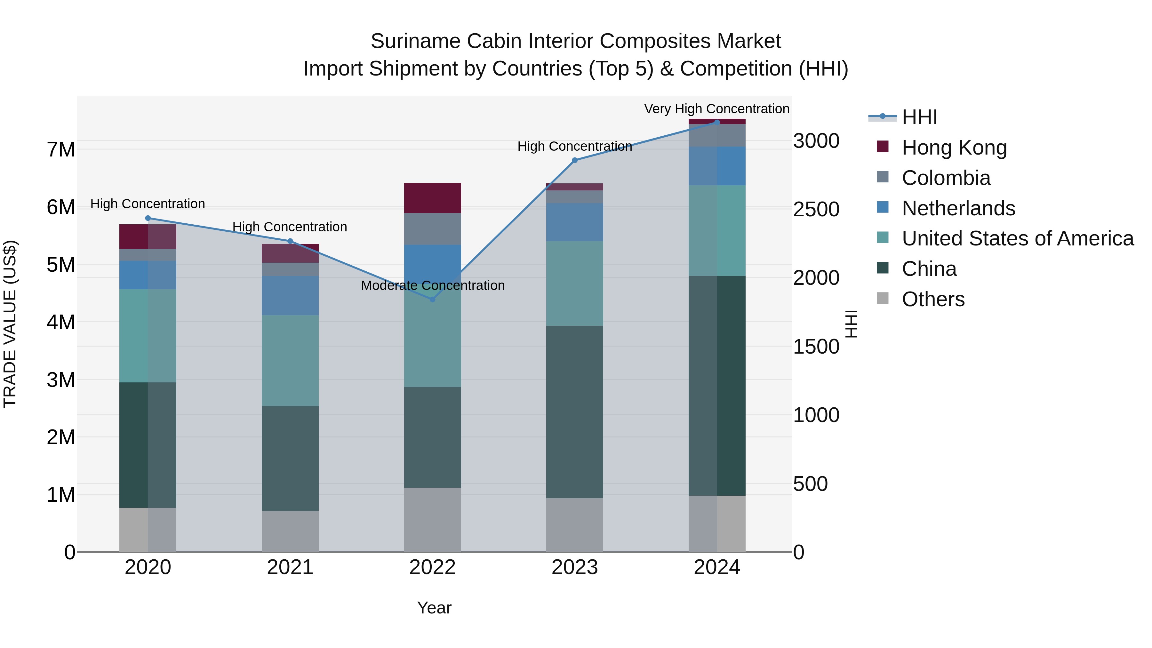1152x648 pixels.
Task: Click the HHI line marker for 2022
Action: click(x=432, y=299)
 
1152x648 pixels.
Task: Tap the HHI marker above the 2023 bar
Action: click(x=575, y=160)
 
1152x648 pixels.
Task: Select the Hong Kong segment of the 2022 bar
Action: click(x=432, y=198)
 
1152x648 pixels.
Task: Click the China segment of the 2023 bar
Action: click(x=575, y=412)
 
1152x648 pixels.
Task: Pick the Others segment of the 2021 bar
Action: click(x=290, y=531)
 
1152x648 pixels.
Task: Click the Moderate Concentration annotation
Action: click(x=432, y=285)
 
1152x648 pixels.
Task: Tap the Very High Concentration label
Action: click(x=716, y=109)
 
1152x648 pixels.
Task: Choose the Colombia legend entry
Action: click(x=946, y=178)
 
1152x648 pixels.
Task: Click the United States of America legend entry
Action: click(x=1017, y=238)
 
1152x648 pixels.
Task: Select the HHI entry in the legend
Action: click(x=919, y=117)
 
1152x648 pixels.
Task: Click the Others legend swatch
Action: click(x=883, y=298)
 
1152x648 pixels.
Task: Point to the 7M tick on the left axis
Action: click(x=61, y=149)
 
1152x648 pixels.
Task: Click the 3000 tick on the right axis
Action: click(x=816, y=141)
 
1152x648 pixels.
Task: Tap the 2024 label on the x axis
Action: click(x=716, y=567)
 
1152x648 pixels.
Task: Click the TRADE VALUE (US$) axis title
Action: click(x=10, y=324)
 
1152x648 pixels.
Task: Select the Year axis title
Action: click(x=434, y=608)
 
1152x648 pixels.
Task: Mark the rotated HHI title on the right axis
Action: click(x=852, y=324)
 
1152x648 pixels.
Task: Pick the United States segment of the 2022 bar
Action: click(x=432, y=340)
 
